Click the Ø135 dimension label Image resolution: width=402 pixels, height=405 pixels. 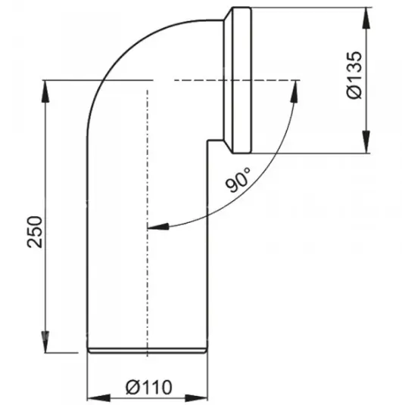pos(354,75)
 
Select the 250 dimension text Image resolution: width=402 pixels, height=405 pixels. pos(35,232)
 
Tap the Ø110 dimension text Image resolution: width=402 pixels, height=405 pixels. pos(149,388)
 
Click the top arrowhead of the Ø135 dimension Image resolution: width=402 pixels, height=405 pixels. pos(366,17)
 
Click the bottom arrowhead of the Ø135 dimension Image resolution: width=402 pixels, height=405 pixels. pos(366,142)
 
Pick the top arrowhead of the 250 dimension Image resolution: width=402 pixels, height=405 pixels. pos(45,91)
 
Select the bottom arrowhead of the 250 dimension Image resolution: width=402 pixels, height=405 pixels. pos(45,342)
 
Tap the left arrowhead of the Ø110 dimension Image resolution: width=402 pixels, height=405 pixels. pos(98,398)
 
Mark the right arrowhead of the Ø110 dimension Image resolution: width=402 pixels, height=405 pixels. pos(196,398)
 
